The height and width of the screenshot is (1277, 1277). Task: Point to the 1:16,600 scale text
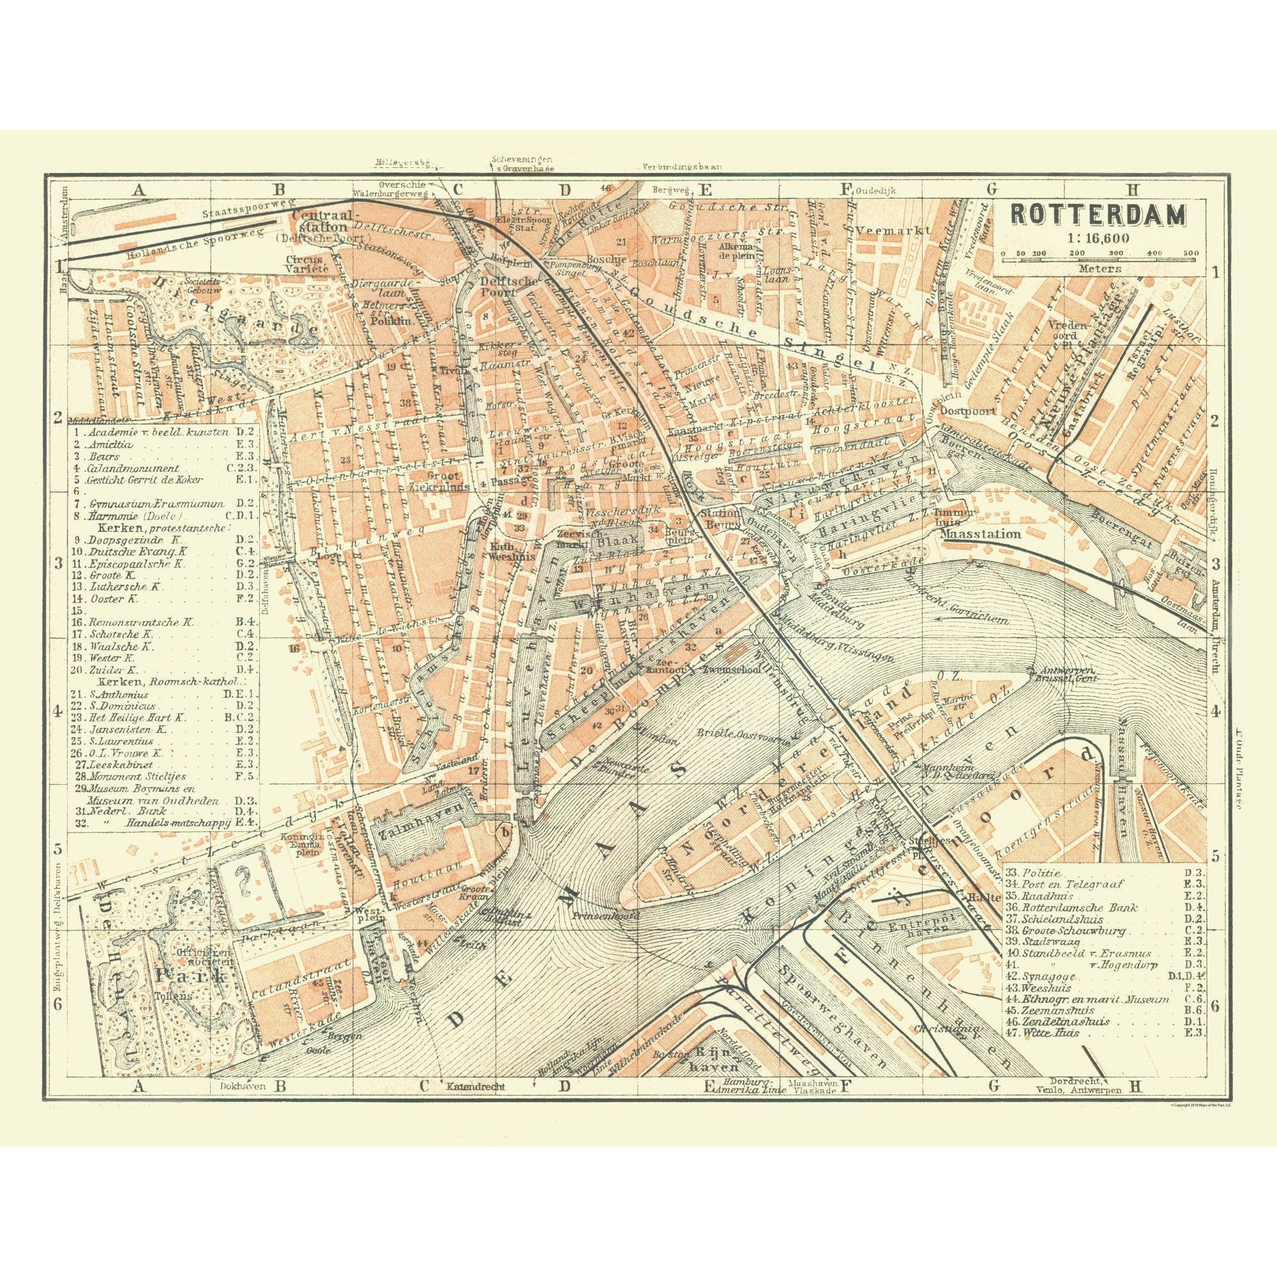[1097, 239]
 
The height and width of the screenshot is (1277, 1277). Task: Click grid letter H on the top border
[1133, 190]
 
